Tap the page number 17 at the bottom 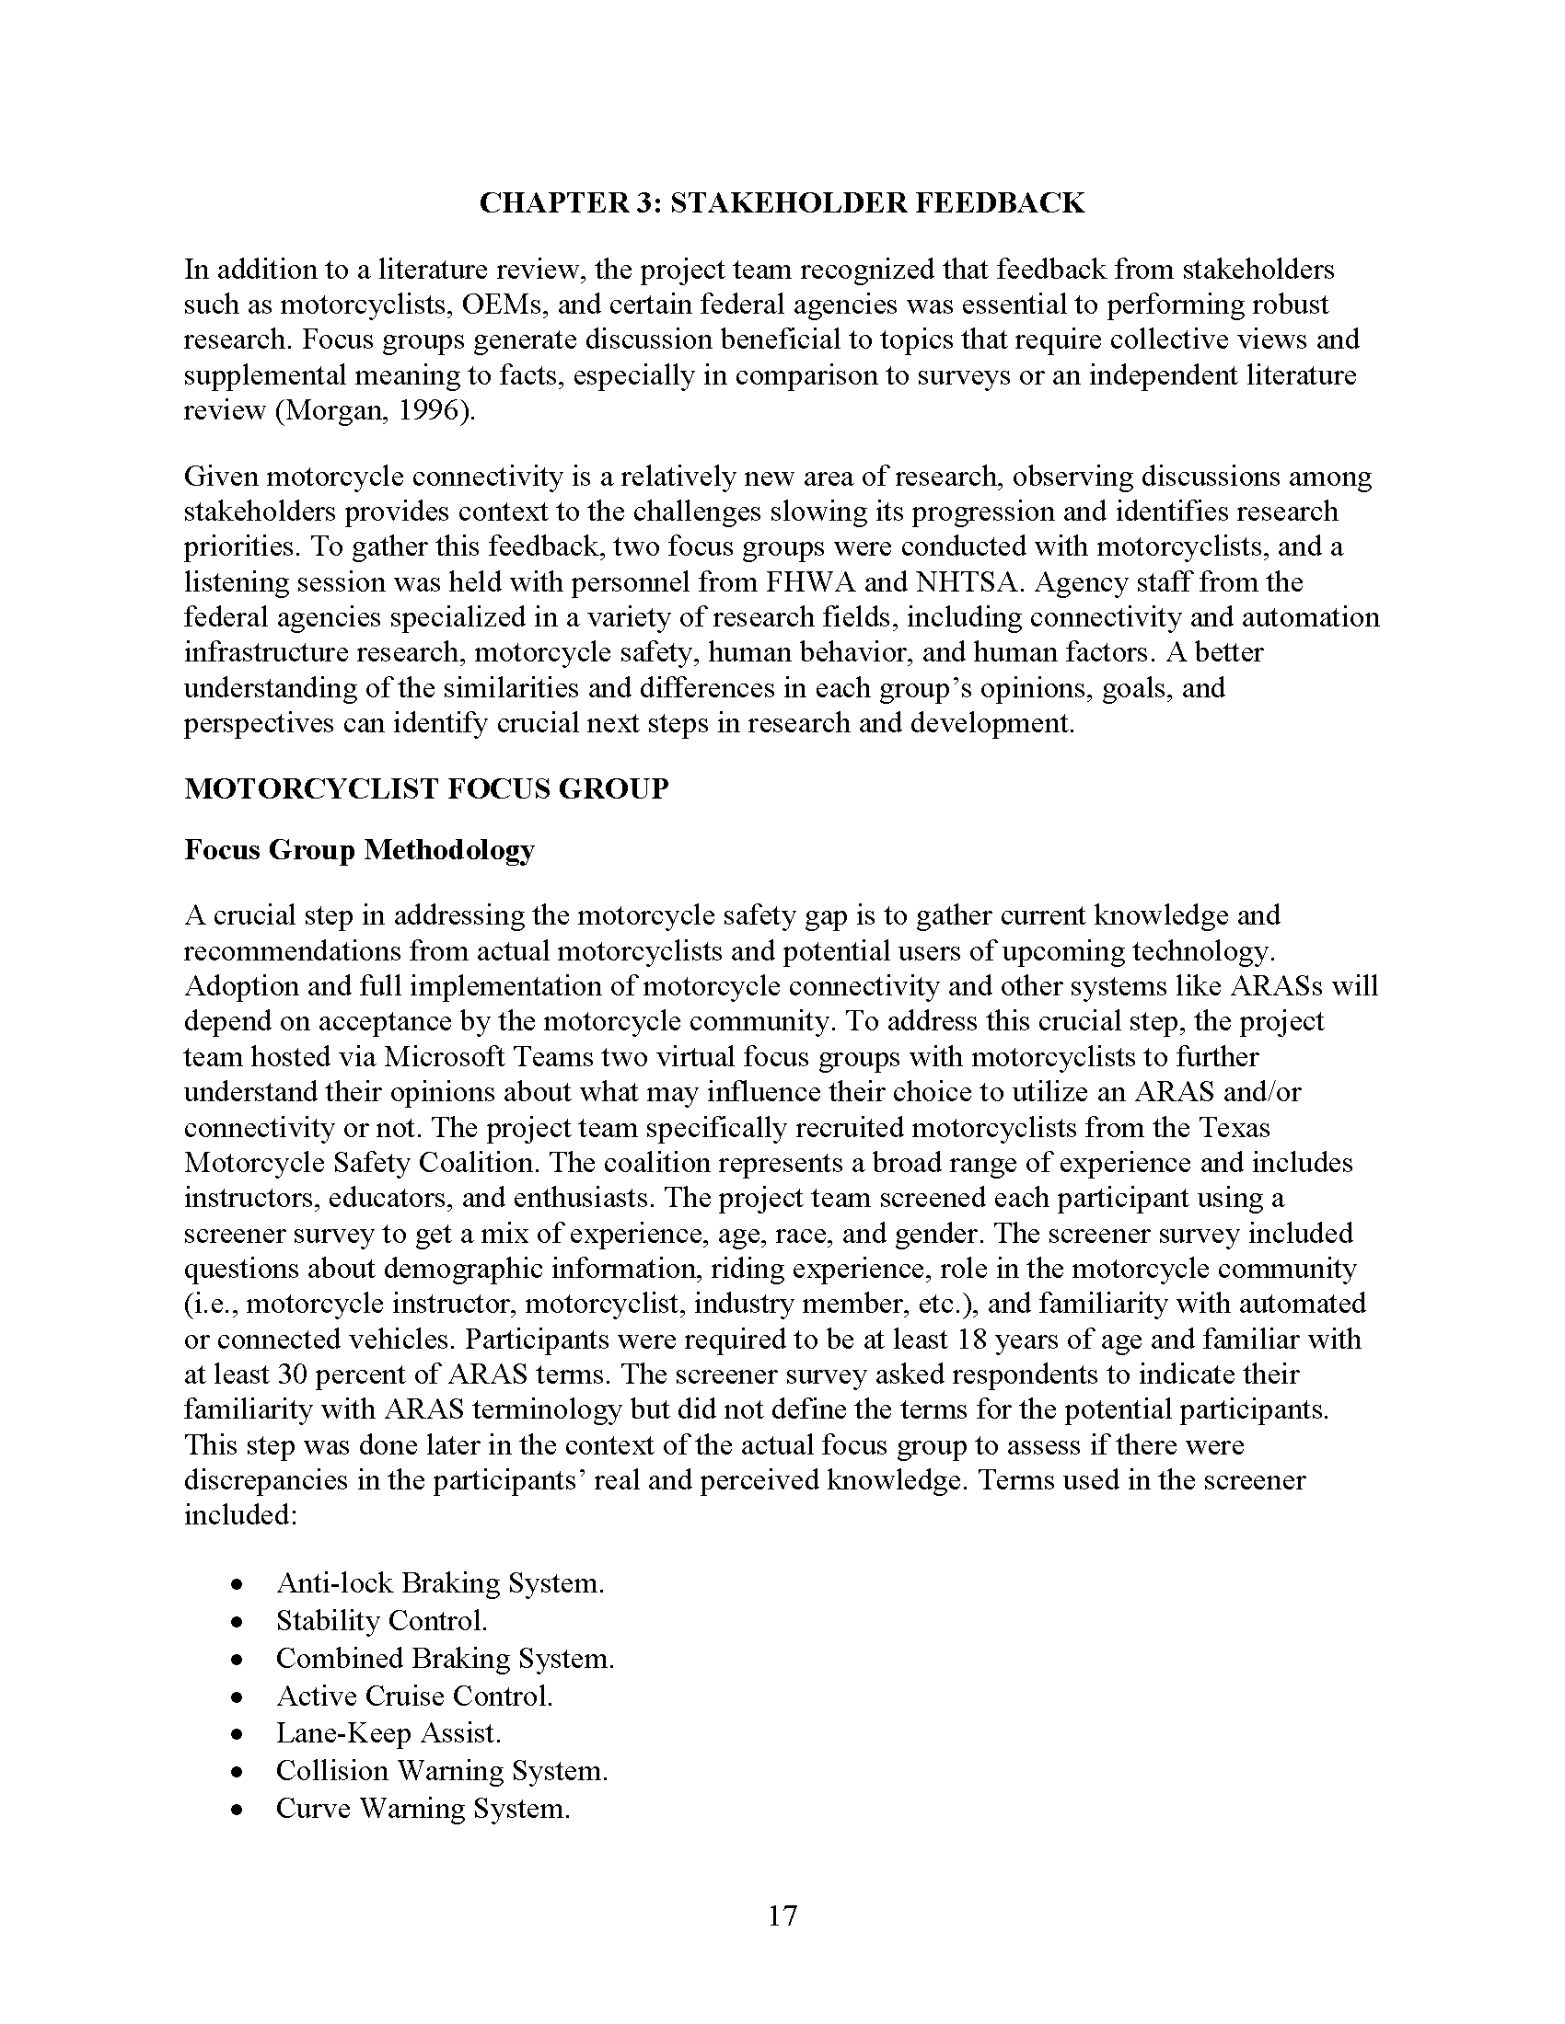[782, 1915]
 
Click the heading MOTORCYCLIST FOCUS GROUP [425, 788]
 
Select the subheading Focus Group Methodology [359, 850]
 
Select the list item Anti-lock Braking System [439, 1583]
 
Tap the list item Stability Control [381, 1621]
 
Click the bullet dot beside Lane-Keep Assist [238, 1734]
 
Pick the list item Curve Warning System [422, 1808]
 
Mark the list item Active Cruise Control [413, 1696]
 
